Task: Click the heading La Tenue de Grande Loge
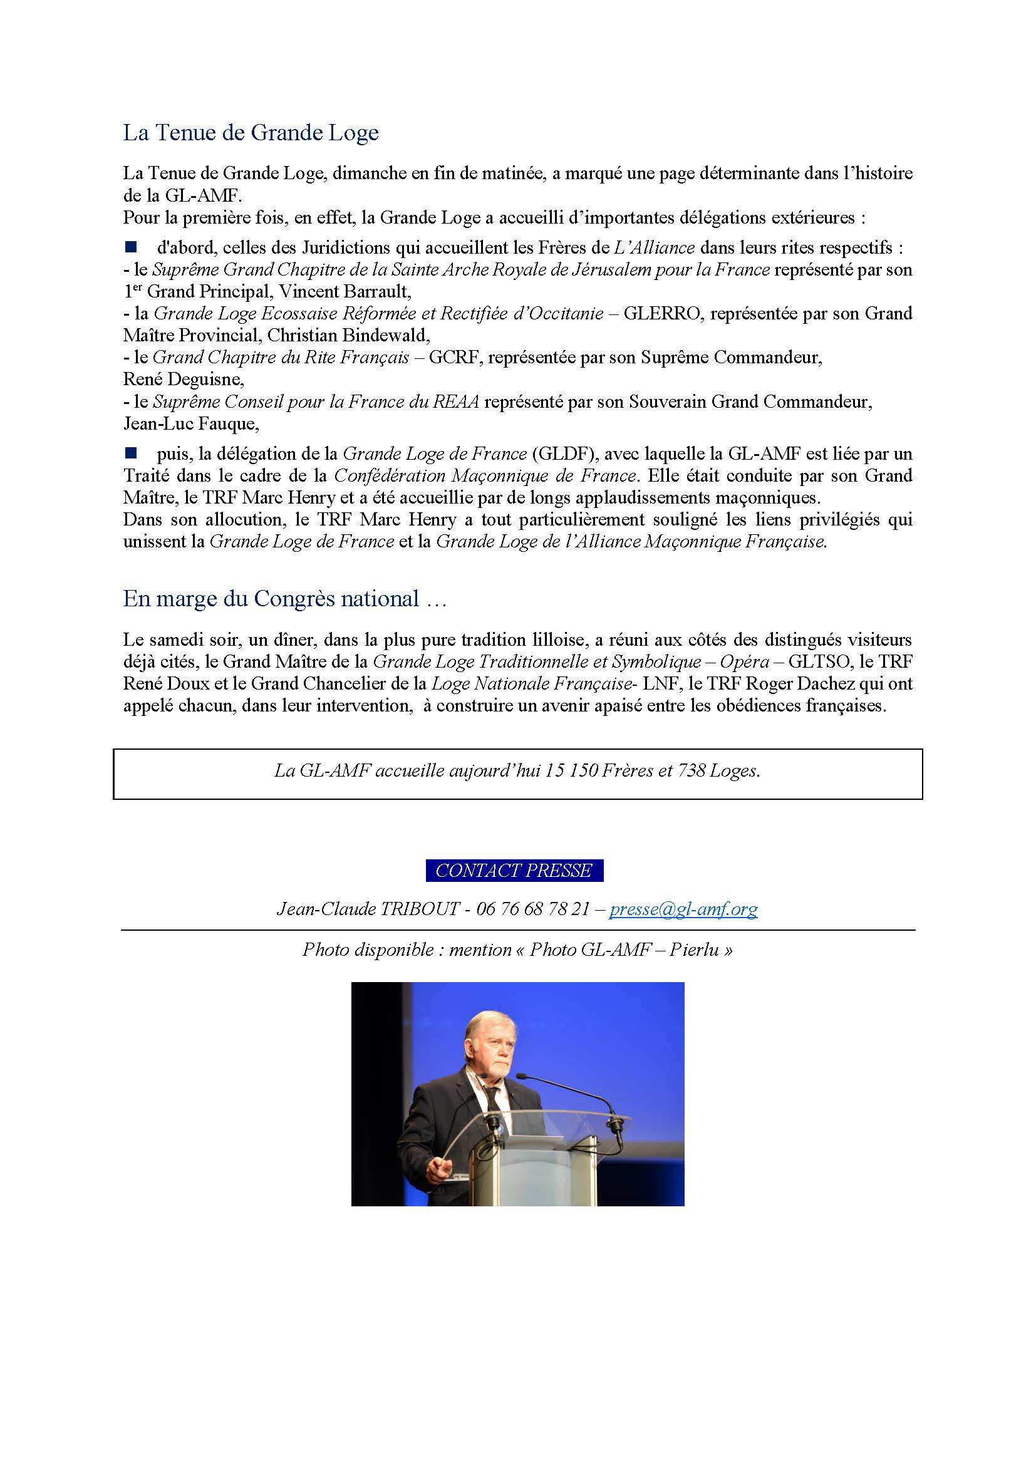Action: click(251, 133)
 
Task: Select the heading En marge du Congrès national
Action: click(284, 599)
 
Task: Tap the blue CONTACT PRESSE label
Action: click(514, 871)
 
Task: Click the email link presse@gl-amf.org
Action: click(683, 909)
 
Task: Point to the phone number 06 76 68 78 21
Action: click(532, 909)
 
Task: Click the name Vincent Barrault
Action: click(344, 292)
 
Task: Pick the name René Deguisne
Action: click(183, 380)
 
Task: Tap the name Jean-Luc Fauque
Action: click(191, 423)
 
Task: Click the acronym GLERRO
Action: click(661, 313)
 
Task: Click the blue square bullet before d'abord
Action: click(131, 246)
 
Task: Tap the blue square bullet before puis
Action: click(131, 453)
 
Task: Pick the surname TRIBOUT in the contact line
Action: click(420, 909)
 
